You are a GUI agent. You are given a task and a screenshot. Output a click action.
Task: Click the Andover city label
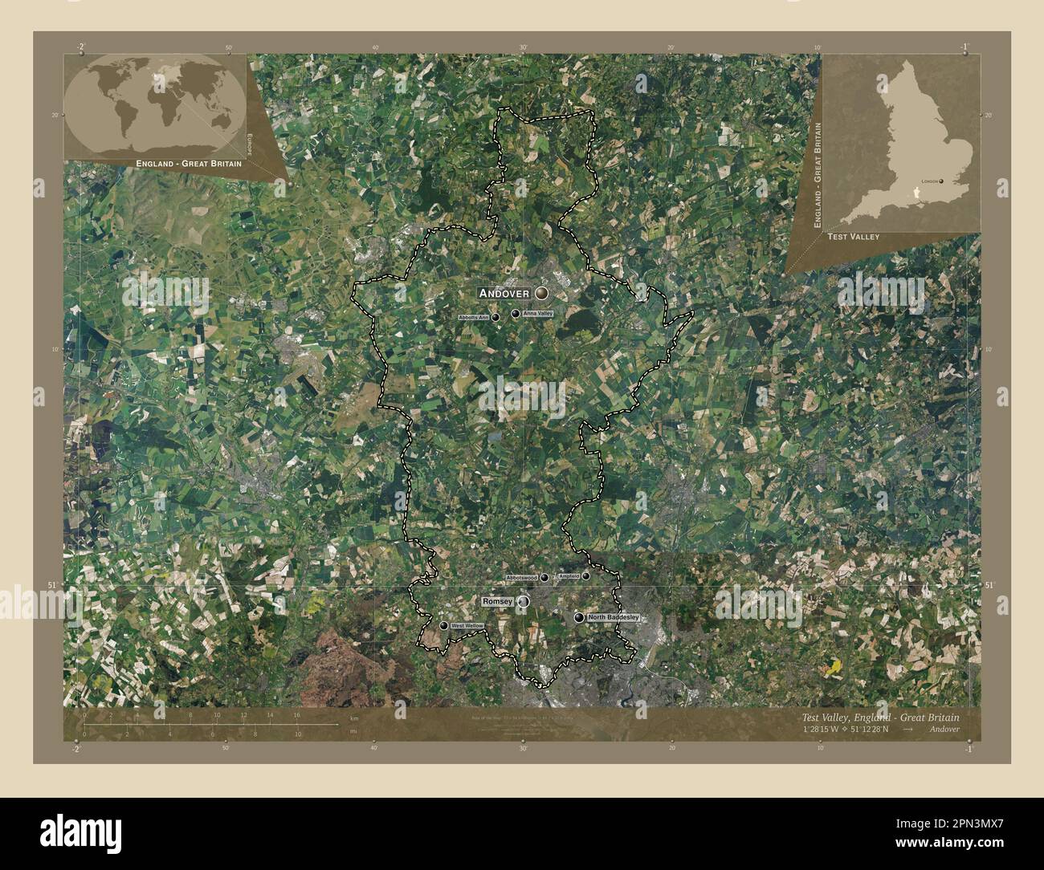[x=504, y=293]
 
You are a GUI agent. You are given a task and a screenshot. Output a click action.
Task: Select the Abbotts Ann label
[x=473, y=318]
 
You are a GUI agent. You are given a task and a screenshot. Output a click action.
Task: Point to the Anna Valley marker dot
[x=516, y=314]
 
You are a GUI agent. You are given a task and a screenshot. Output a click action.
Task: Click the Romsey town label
[x=495, y=601]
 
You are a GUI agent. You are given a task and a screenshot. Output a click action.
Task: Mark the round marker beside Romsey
[x=524, y=601]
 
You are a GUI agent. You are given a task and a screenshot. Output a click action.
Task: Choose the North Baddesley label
[x=613, y=617]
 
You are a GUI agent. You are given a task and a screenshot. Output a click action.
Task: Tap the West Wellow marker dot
[x=443, y=625]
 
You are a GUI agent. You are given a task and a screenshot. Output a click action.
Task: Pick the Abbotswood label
[x=521, y=578]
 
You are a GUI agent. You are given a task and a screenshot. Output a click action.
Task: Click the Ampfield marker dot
[x=586, y=575]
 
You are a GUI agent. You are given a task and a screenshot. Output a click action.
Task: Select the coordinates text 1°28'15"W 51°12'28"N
[x=858, y=730]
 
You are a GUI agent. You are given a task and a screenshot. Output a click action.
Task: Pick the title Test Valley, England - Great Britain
[x=879, y=718]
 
